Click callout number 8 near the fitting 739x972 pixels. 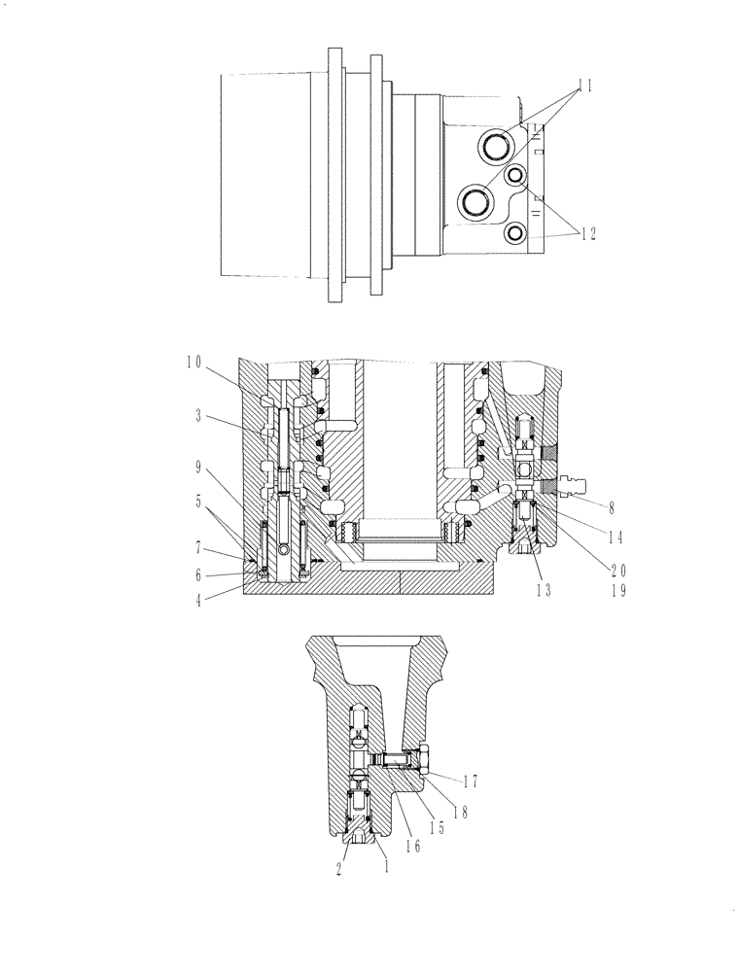tap(610, 507)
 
